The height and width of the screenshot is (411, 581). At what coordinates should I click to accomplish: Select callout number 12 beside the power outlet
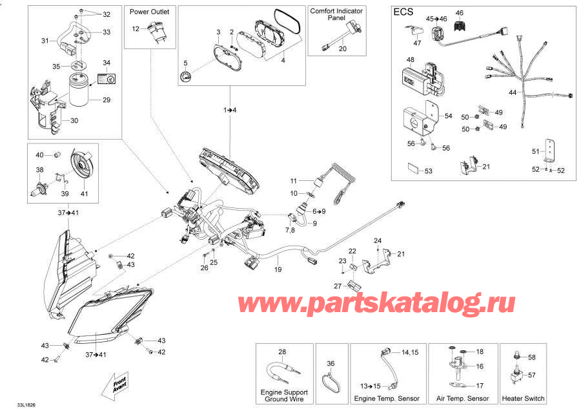(136, 28)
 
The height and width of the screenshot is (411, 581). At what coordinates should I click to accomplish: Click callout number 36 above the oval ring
(331, 364)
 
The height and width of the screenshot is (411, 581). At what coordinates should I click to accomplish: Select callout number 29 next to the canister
(107, 101)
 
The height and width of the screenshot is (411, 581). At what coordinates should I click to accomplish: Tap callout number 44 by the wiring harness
(513, 93)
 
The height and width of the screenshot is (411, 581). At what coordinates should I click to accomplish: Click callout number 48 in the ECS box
(411, 60)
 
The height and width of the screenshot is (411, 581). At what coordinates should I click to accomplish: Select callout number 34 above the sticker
(107, 62)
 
